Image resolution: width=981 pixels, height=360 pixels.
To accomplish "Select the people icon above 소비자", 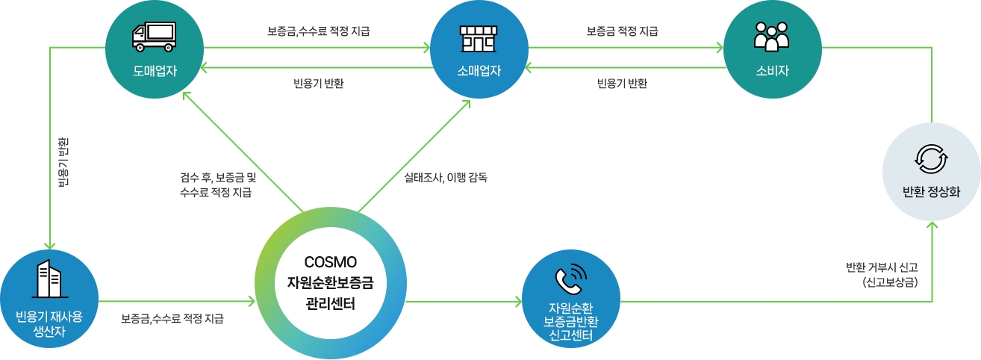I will pyautogui.click(x=772, y=36).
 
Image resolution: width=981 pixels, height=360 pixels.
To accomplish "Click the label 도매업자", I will pyautogui.click(x=153, y=71).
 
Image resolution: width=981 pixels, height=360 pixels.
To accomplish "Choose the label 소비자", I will pyautogui.click(x=772, y=71).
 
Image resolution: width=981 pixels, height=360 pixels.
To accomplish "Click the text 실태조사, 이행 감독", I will pyautogui.click(x=445, y=179).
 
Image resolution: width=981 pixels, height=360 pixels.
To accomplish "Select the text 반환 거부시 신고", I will pyautogui.click(x=882, y=267).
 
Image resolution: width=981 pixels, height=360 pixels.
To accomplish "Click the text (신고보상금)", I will pyautogui.click(x=890, y=282).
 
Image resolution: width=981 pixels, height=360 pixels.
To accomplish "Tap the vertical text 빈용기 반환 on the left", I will pyautogui.click(x=63, y=161).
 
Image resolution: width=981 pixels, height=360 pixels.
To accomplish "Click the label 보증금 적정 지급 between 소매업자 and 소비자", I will pyautogui.click(x=623, y=31).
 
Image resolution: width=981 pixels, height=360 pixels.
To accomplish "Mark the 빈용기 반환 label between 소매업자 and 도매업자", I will pyautogui.click(x=318, y=83).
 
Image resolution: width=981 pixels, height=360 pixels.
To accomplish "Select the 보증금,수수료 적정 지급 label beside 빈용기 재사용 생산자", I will pyautogui.click(x=172, y=319).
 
